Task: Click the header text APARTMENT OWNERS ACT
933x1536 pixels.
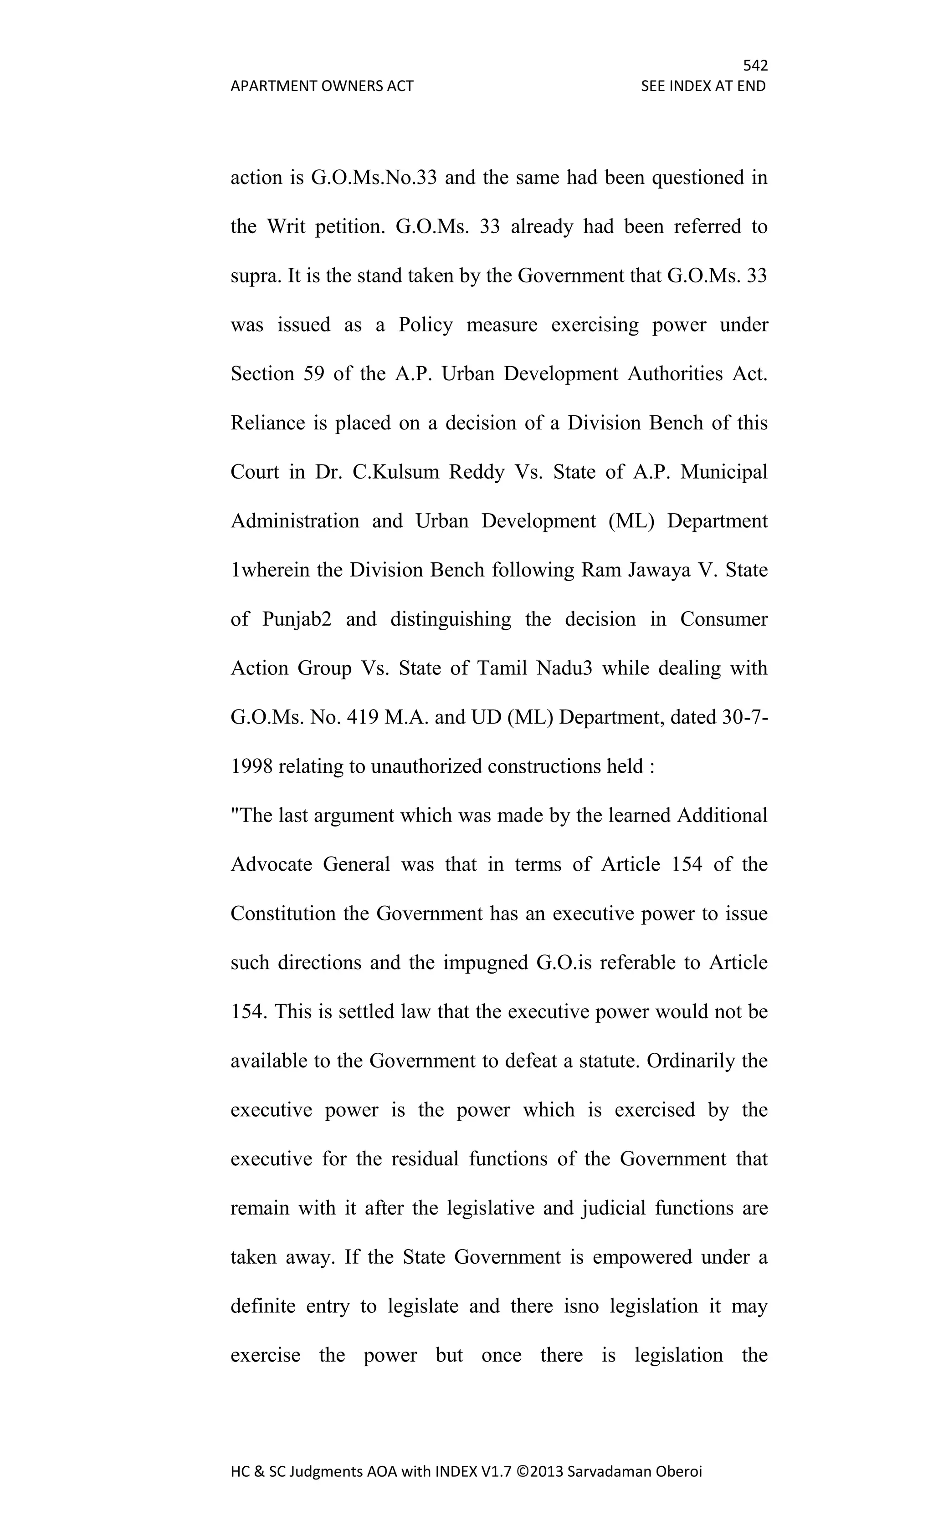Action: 322,86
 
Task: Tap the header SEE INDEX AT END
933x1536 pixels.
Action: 703,86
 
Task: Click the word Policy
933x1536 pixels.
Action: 425,325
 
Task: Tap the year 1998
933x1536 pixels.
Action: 251,766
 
